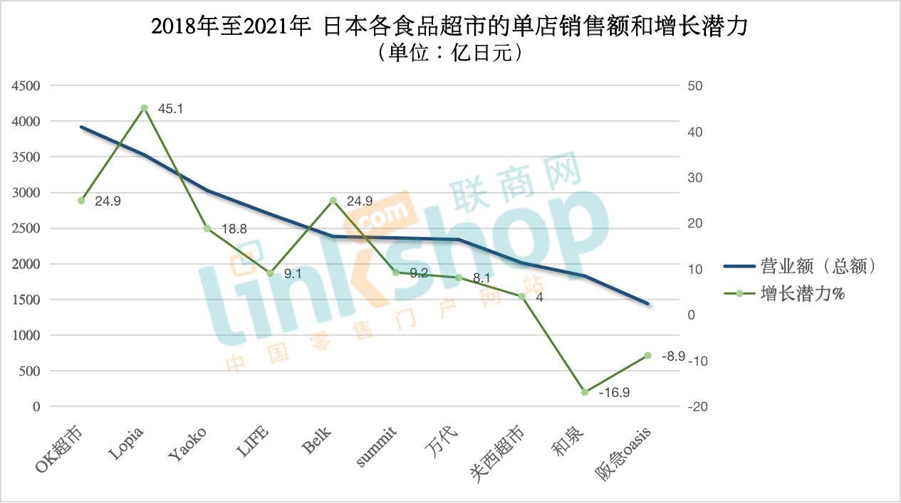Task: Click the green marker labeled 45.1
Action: pos(144,108)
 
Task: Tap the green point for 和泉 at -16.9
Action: pos(585,392)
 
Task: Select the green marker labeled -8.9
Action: pos(647,356)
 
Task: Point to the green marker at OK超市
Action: pos(81,201)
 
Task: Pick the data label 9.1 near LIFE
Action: pos(293,273)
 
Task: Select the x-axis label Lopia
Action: pos(128,443)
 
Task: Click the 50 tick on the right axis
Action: pos(694,86)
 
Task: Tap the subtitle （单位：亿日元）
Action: pos(449,53)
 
